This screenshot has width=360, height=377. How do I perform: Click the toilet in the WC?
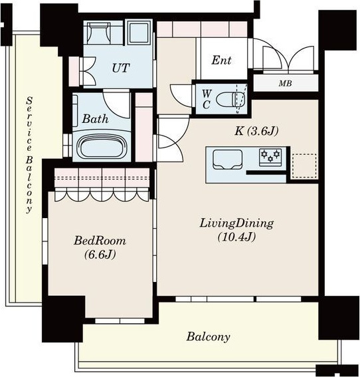[x=231, y=99]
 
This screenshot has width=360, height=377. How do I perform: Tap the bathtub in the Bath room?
[x=102, y=146]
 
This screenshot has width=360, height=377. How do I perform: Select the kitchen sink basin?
[x=227, y=160]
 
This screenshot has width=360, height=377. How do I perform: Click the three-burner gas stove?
[x=270, y=155]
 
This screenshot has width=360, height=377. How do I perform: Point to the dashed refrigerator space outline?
[x=304, y=166]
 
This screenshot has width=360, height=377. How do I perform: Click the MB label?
[x=285, y=83]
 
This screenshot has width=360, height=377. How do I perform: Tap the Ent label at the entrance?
[x=221, y=60]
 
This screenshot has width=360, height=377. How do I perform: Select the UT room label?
[x=121, y=68]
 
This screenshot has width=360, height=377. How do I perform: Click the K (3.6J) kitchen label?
[x=256, y=131]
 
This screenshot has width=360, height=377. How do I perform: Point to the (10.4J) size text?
[x=236, y=237]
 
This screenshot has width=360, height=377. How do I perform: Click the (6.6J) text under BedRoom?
[x=100, y=255]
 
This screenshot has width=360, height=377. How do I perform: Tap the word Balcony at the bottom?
[x=208, y=336]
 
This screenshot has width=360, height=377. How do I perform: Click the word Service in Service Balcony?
[x=29, y=124]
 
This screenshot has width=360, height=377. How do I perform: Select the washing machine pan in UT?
[x=139, y=33]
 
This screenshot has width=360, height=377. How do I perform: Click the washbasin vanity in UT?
[x=99, y=33]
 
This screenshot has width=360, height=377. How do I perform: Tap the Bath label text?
[x=95, y=119]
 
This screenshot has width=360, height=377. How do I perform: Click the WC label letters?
[x=207, y=99]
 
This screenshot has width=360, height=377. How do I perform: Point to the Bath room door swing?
[x=117, y=103]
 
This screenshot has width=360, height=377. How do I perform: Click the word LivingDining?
[x=236, y=223]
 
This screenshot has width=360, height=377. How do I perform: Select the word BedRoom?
[x=100, y=241]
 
